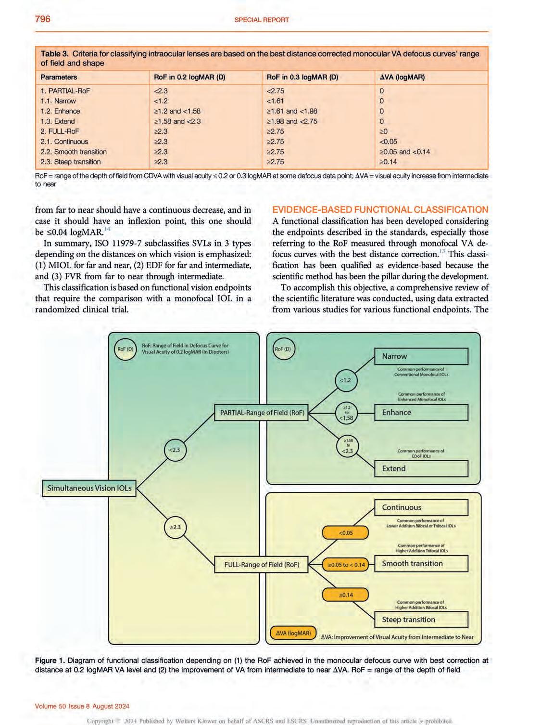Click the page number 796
(x=42, y=19)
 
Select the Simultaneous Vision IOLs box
(x=89, y=488)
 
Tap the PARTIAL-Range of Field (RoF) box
(x=262, y=413)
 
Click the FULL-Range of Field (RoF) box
(x=262, y=565)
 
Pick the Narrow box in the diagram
(x=421, y=356)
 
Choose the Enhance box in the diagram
(x=421, y=413)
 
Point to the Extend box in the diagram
(x=421, y=469)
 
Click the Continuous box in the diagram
(x=421, y=507)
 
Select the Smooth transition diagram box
(x=421, y=564)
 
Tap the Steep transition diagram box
(x=421, y=620)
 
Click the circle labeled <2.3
(x=175, y=450)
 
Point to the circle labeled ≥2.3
(x=175, y=527)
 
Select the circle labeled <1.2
(x=346, y=380)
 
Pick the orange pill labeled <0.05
(x=346, y=533)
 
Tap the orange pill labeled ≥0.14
(x=346, y=595)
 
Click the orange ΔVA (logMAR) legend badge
(x=293, y=633)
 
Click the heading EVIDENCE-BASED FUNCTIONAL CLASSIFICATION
(x=380, y=209)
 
